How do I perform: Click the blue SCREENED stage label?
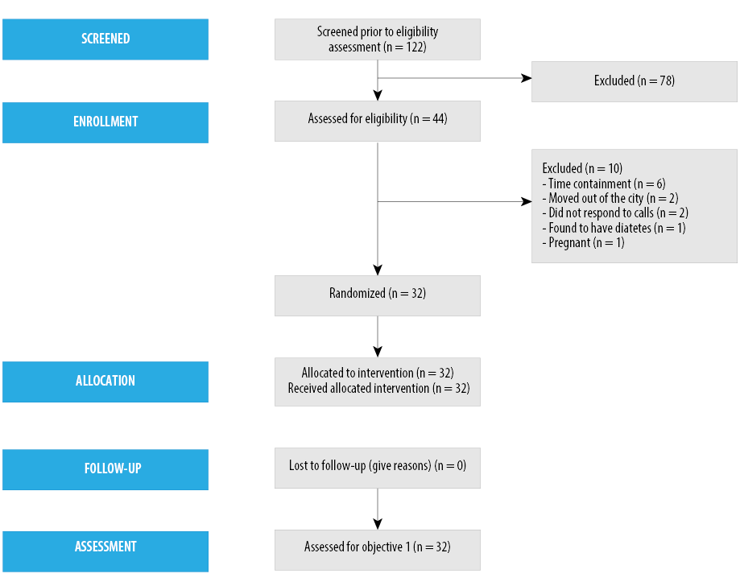(105, 39)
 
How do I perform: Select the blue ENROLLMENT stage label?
(105, 122)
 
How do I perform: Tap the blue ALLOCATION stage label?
(105, 382)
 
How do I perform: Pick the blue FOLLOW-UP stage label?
(105, 469)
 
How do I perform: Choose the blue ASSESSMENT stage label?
(105, 551)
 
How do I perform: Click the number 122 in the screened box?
(415, 47)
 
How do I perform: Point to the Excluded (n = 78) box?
(635, 81)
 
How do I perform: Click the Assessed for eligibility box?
(378, 121)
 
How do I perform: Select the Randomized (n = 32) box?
(378, 296)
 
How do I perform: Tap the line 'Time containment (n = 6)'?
(604, 184)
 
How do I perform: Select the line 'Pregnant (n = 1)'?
(583, 242)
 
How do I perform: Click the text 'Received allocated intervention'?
(358, 388)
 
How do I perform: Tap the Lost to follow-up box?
(378, 468)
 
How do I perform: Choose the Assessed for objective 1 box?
(378, 550)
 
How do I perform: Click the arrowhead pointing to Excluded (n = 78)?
(526, 78)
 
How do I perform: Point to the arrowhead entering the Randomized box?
(378, 270)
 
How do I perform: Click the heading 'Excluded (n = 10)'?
(582, 168)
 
